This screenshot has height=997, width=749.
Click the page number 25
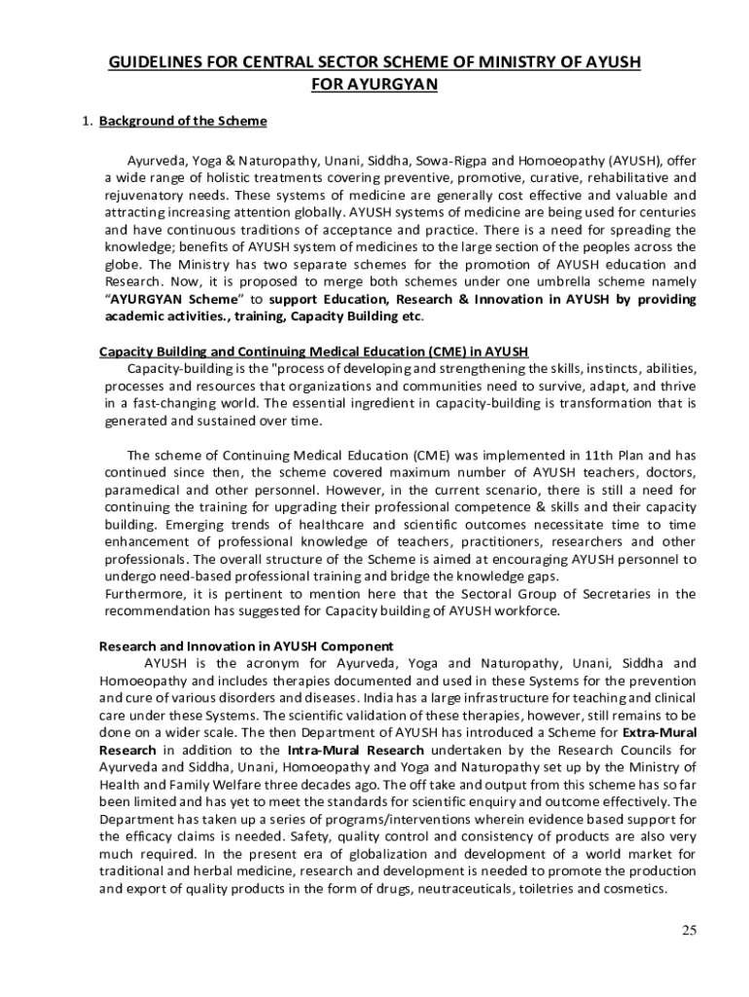click(x=689, y=930)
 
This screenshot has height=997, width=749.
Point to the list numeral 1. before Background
click(x=87, y=122)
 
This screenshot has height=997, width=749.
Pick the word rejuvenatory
click(x=144, y=195)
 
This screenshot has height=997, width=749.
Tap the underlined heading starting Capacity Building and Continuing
click(x=314, y=351)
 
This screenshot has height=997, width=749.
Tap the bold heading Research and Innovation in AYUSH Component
click(x=247, y=646)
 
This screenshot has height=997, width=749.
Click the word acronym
click(x=265, y=663)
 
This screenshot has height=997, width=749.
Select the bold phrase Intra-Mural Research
click(x=355, y=750)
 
